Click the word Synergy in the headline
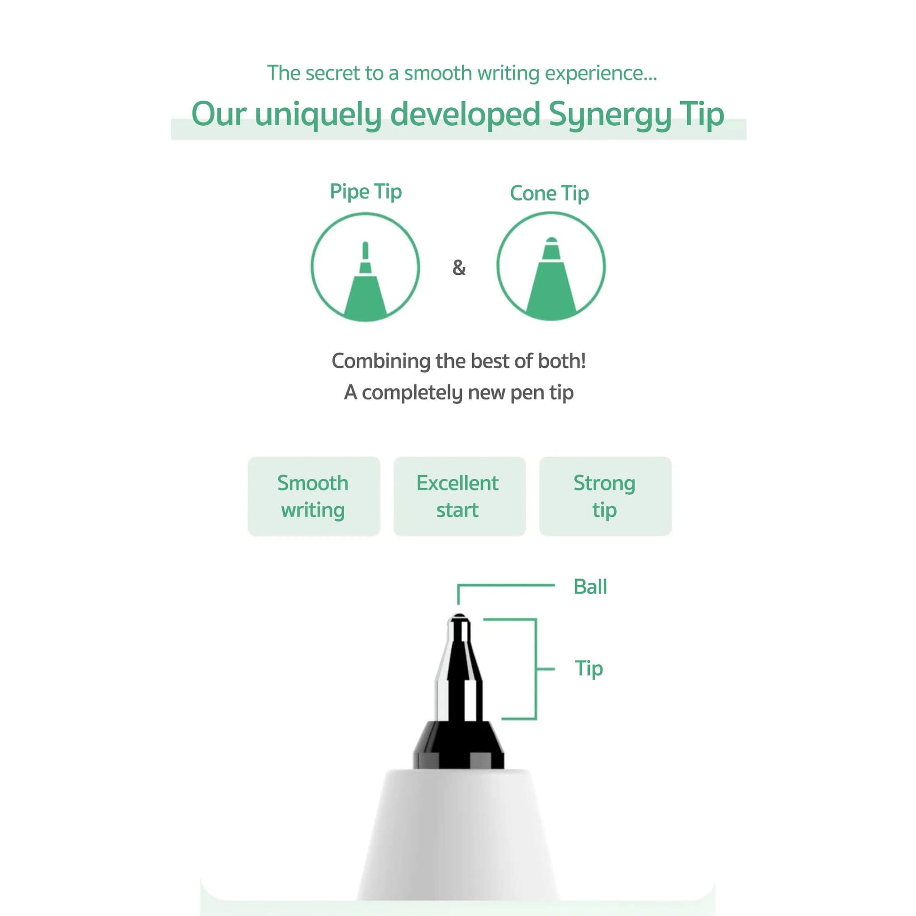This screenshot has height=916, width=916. tap(610, 114)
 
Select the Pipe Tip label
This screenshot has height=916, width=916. tap(366, 192)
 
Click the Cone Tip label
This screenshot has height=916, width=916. tap(549, 193)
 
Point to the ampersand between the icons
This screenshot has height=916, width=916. tap(459, 267)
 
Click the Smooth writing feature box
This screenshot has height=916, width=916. tap(314, 497)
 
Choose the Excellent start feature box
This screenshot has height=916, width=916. tap(459, 497)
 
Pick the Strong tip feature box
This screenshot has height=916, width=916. tap(605, 497)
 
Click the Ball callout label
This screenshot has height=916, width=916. tap(590, 587)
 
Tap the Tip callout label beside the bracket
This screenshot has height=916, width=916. tap(589, 669)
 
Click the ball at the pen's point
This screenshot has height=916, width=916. tap(458, 616)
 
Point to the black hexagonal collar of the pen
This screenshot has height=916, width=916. tap(458, 745)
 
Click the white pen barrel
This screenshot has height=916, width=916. tap(458, 835)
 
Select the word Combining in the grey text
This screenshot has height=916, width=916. tap(381, 362)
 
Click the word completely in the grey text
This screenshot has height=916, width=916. tap(412, 393)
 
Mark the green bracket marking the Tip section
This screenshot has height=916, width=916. tap(536, 669)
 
